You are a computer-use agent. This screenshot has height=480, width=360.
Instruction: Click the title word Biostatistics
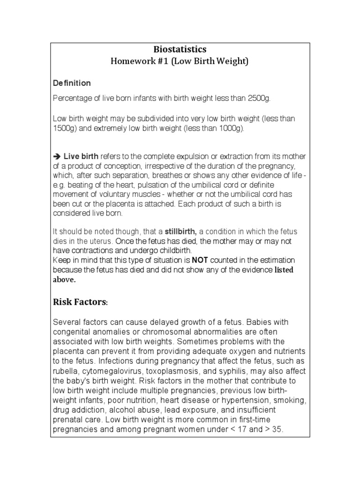coord(180,49)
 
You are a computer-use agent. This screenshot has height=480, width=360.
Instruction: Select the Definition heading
coord(72,83)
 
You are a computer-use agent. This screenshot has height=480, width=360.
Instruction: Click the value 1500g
coord(64,128)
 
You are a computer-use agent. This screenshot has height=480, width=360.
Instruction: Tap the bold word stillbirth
coord(181,232)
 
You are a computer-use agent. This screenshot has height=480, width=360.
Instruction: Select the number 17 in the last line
coord(240,429)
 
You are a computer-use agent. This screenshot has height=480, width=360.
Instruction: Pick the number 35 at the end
coord(277,429)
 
